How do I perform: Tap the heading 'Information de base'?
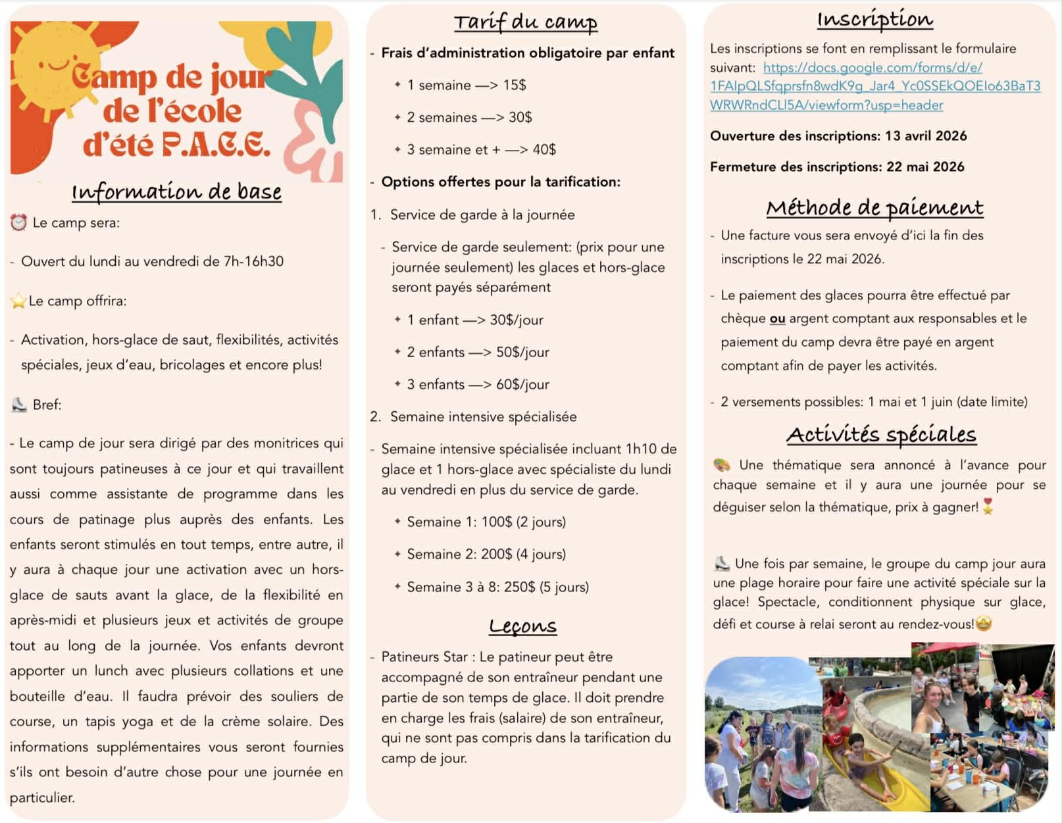point(176,191)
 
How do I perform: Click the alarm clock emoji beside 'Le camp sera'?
point(18,222)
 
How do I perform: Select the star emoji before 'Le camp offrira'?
point(18,301)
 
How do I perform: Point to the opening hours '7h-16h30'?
point(253,261)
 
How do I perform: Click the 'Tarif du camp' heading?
point(526,22)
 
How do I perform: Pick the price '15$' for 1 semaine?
point(515,85)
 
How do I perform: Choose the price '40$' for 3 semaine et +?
point(544,149)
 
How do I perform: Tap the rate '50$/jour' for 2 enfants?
point(522,352)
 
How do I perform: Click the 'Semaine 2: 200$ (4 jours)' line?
point(486,554)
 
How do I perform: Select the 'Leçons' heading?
point(522,626)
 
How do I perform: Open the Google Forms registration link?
point(874,86)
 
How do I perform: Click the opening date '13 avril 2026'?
point(926,136)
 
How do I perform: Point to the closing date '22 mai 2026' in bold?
point(925,166)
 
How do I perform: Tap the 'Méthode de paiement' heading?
point(874,208)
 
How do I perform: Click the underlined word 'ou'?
point(777,318)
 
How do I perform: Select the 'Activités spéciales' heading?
point(881,434)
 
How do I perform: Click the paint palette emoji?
point(722,465)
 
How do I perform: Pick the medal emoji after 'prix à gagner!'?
point(988,507)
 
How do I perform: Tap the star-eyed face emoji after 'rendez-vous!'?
point(984,623)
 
